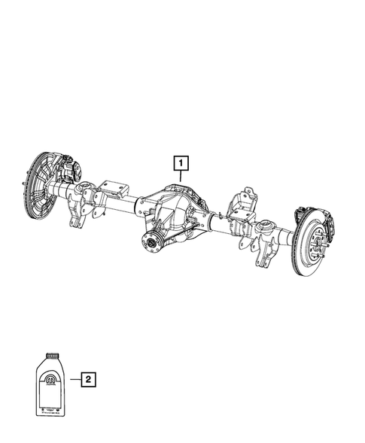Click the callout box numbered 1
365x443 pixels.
(x=181, y=162)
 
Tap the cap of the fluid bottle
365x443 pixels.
(x=51, y=354)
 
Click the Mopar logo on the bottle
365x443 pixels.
(x=50, y=379)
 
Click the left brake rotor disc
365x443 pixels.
(x=33, y=187)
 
